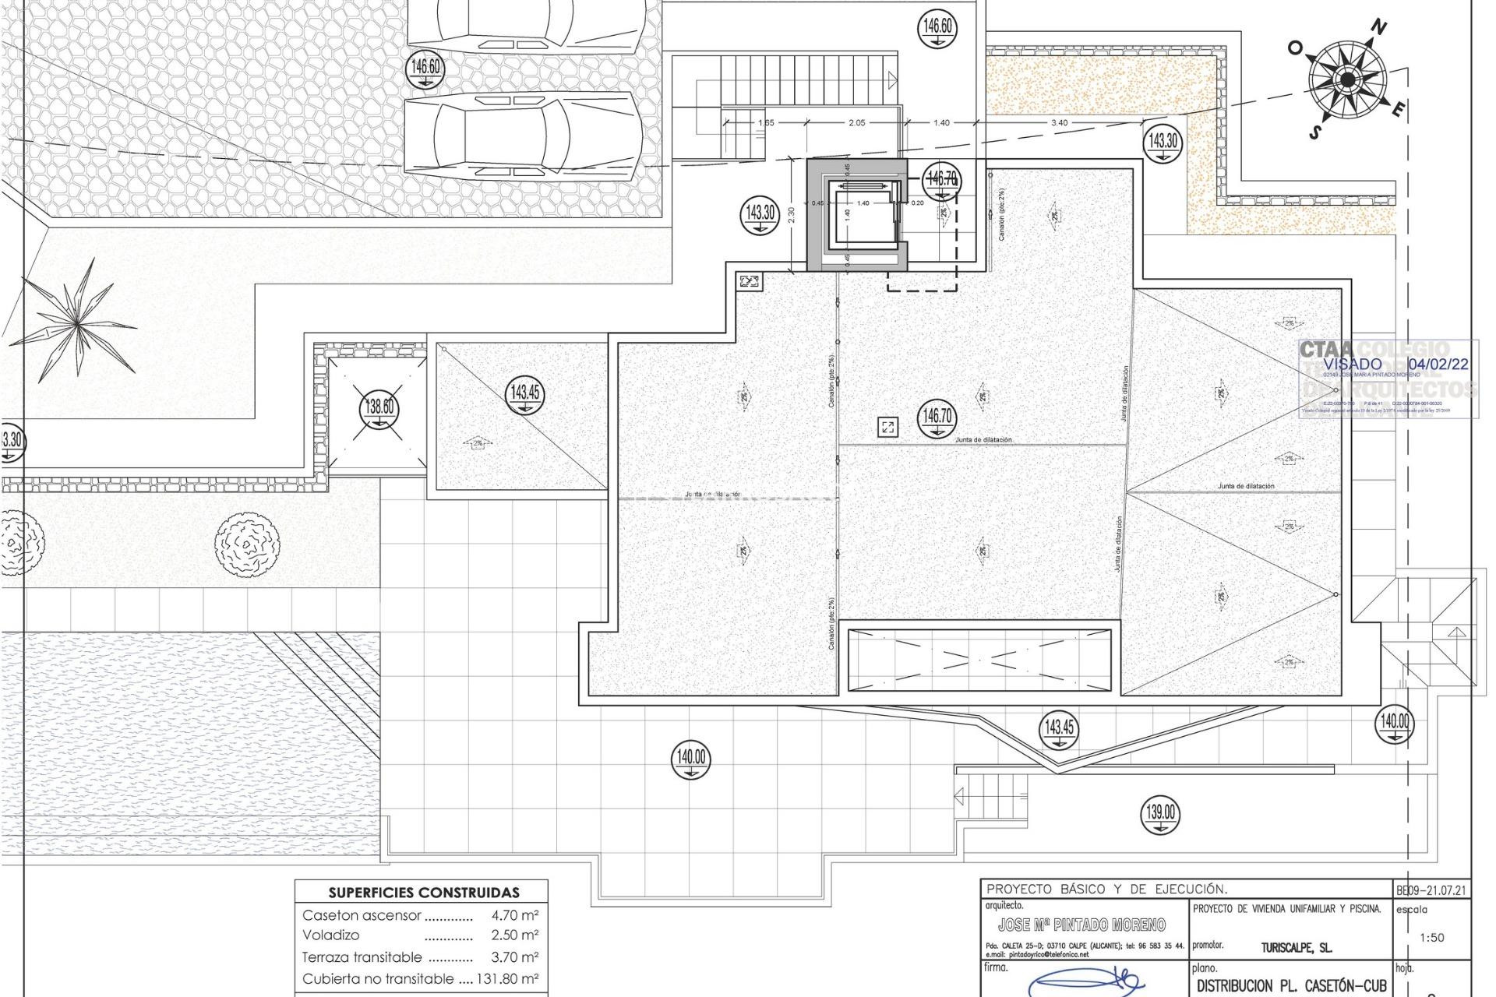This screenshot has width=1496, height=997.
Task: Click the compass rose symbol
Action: [1347, 79]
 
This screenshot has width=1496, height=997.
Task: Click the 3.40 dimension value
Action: [1059, 123]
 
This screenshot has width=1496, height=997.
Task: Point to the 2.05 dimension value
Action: [856, 123]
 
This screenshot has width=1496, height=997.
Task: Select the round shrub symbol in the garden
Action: [247, 543]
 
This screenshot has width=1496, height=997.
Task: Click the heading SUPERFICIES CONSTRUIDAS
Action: [423, 893]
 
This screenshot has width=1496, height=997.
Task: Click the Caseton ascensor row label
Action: [362, 916]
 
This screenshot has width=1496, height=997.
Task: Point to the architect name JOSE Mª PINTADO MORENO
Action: [1081, 925]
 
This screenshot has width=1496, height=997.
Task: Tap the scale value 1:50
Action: [1431, 938]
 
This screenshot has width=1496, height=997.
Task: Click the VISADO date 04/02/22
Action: [1438, 364]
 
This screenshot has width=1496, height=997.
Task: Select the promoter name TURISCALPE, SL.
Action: [1296, 948]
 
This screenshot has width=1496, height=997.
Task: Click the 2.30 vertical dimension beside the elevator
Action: [792, 214]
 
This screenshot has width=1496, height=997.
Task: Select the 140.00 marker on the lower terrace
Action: [691, 759]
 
